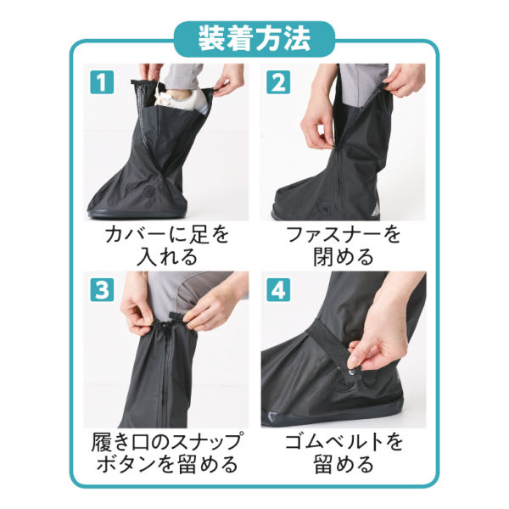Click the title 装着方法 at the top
254,38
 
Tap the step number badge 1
101,83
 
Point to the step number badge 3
101,290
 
